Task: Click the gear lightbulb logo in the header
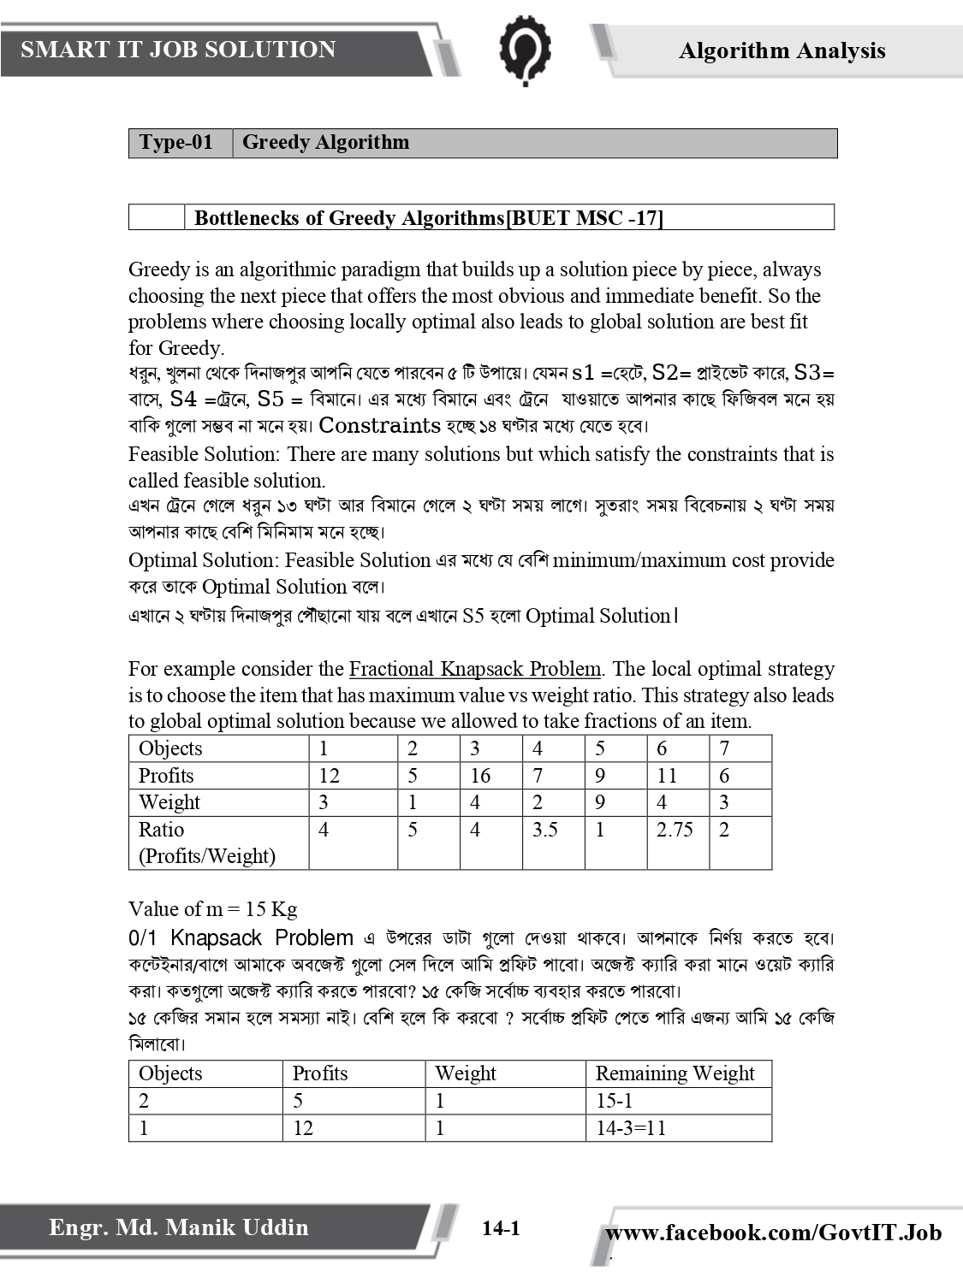click(x=525, y=50)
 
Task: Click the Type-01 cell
click(x=176, y=143)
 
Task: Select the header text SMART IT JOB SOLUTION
click(x=178, y=50)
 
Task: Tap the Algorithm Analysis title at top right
click(x=782, y=51)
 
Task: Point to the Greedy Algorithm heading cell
click(x=325, y=143)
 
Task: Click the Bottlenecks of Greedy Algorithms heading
click(x=428, y=218)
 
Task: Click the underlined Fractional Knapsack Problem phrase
click(x=475, y=669)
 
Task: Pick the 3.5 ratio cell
click(x=544, y=830)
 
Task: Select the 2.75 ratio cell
click(x=675, y=830)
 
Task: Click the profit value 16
click(x=480, y=776)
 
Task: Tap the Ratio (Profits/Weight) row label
click(x=207, y=843)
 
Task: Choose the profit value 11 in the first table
click(x=666, y=776)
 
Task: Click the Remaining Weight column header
click(x=675, y=1073)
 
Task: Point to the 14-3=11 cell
click(x=631, y=1128)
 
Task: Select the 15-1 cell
click(x=614, y=1101)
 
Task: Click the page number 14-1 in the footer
click(x=501, y=1229)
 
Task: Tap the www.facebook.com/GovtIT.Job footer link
click(x=773, y=1233)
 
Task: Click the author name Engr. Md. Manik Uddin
click(x=178, y=1228)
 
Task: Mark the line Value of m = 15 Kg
click(x=212, y=909)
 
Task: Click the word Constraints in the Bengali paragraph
click(x=379, y=426)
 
